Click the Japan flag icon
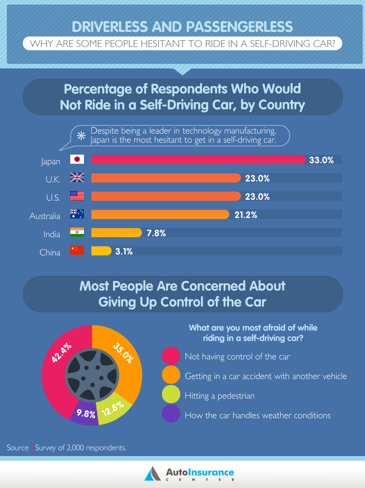tap(77, 159)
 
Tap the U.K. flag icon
tap(77, 178)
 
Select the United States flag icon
tap(77, 196)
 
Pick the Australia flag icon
tap(77, 214)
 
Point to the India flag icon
tap(77, 233)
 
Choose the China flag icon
tap(77, 250)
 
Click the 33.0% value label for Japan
tap(322, 160)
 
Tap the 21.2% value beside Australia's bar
tap(245, 215)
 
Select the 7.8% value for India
tap(156, 233)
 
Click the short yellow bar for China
tap(101, 251)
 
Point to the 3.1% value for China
tap(123, 251)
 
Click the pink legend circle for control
tap(171, 356)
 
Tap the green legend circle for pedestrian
tap(171, 395)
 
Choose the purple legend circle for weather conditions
tap(171, 415)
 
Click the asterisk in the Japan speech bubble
tap(81, 135)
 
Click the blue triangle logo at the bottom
tap(151, 473)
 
